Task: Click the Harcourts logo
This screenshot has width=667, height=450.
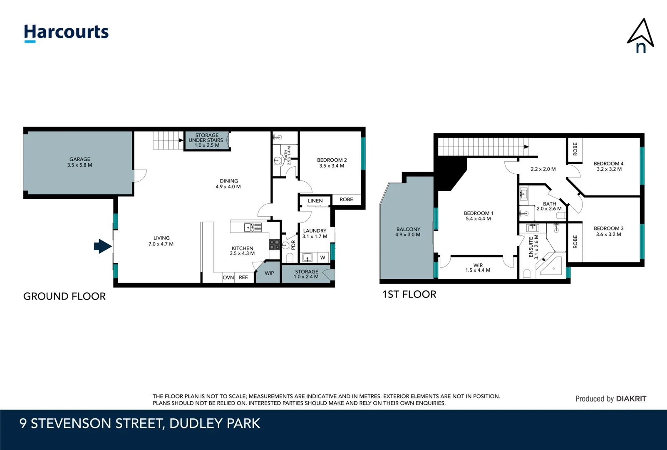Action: (66, 32)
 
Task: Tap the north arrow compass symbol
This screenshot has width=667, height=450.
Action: (640, 37)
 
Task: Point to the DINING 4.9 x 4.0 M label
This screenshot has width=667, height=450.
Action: (228, 184)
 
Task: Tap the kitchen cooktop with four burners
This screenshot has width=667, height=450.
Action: (274, 245)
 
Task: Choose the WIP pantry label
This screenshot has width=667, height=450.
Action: (269, 273)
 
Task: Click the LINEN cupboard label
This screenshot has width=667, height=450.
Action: (315, 201)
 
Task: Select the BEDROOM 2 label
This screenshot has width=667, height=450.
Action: (332, 162)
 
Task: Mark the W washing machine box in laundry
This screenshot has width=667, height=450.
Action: (322, 257)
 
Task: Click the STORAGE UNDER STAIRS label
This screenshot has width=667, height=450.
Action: (206, 140)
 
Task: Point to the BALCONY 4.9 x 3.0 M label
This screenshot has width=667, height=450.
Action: (408, 232)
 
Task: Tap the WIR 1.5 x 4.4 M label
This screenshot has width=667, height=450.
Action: (478, 267)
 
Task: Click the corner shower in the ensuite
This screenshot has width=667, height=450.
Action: (550, 266)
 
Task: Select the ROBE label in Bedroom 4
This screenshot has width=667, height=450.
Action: (575, 149)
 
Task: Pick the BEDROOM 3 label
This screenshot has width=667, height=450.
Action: (608, 231)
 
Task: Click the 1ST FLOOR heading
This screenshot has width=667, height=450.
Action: (409, 295)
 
